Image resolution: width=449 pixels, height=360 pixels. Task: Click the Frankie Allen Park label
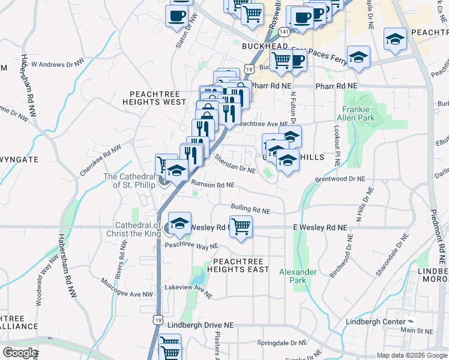pyautogui.click(x=358, y=113)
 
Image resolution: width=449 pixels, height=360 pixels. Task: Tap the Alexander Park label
pyautogui.click(x=298, y=276)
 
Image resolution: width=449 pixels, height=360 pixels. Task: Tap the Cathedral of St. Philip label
pyautogui.click(x=130, y=181)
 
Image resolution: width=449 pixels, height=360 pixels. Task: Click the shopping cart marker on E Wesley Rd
pyautogui.click(x=241, y=227)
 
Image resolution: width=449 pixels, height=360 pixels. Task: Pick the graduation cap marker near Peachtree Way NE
pyautogui.click(x=179, y=224)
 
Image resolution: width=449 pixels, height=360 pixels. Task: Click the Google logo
pyautogui.click(x=20, y=353)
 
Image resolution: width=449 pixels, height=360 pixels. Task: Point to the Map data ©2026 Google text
pyautogui.click(x=412, y=355)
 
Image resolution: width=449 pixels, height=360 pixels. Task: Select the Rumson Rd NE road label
pyautogui.click(x=212, y=185)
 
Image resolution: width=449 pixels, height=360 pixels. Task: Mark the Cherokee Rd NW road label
pyautogui.click(x=100, y=159)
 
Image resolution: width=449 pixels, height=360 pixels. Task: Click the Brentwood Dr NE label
pyautogui.click(x=339, y=179)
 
